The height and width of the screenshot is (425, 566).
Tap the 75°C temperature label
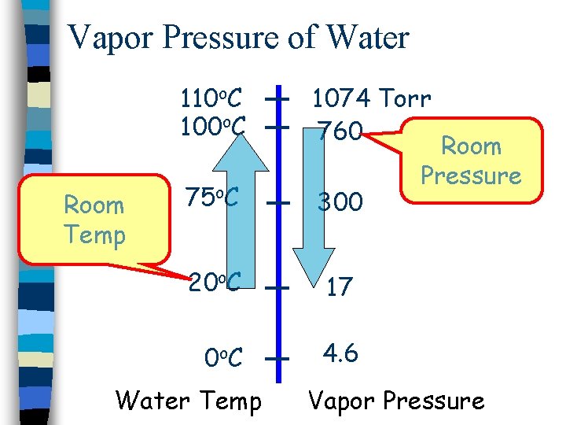(x=212, y=198)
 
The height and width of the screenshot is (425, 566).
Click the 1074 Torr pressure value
(x=371, y=99)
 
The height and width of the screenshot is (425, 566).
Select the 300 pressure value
(x=340, y=203)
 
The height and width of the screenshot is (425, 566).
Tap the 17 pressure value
(x=339, y=287)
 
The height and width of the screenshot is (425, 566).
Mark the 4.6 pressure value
(x=342, y=353)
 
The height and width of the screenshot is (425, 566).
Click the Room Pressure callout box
(x=471, y=161)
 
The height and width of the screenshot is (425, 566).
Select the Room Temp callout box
(x=94, y=220)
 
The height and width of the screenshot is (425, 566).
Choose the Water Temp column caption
(x=189, y=401)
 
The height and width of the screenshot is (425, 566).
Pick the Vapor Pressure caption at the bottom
(x=396, y=401)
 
